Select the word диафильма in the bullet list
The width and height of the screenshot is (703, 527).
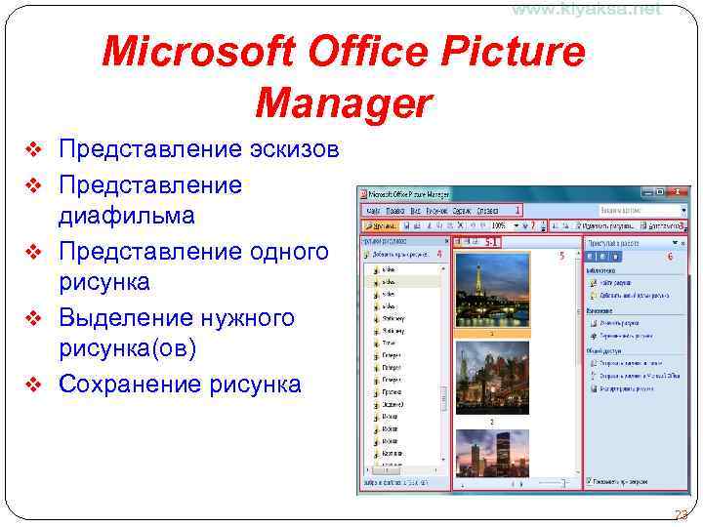[126, 215]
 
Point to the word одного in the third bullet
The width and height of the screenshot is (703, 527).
[282, 252]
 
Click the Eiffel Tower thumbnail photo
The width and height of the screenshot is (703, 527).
[492, 290]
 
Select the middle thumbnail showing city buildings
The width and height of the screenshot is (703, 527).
[492, 378]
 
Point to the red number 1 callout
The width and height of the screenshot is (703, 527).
[517, 210]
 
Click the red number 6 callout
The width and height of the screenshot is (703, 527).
[670, 257]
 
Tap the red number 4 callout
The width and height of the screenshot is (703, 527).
[439, 254]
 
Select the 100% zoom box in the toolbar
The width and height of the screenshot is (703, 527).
[499, 225]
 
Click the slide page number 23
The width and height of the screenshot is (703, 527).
[681, 515]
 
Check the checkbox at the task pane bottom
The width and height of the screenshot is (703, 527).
[589, 480]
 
